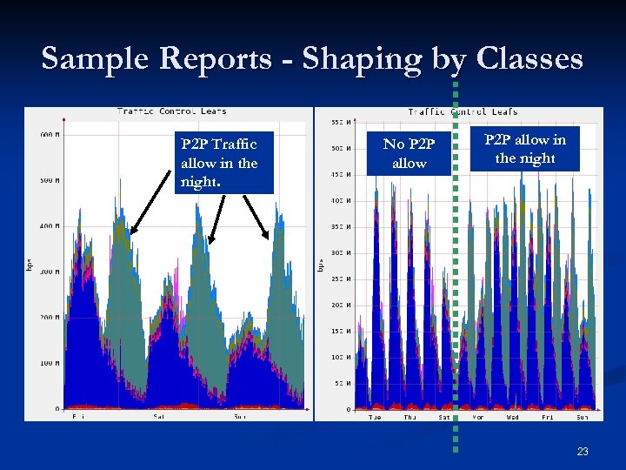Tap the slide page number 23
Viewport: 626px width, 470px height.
pyautogui.click(x=582, y=452)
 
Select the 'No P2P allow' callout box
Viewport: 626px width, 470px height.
pyautogui.click(x=410, y=154)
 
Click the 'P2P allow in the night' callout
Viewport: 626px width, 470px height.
pyautogui.click(x=524, y=149)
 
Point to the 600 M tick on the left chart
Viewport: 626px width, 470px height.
pyautogui.click(x=50, y=134)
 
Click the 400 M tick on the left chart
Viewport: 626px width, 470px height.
pyautogui.click(x=50, y=226)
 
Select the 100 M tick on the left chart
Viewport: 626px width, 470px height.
pyautogui.click(x=50, y=363)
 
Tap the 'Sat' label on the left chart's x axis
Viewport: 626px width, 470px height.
pyautogui.click(x=159, y=416)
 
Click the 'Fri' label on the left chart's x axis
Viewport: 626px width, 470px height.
pyautogui.click(x=79, y=416)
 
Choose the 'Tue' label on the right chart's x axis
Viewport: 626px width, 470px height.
pyautogui.click(x=374, y=416)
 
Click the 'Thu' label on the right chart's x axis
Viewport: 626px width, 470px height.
pyautogui.click(x=410, y=416)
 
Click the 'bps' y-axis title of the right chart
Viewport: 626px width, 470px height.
pyautogui.click(x=320, y=261)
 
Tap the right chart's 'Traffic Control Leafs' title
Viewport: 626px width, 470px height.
pyautogui.click(x=463, y=111)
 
